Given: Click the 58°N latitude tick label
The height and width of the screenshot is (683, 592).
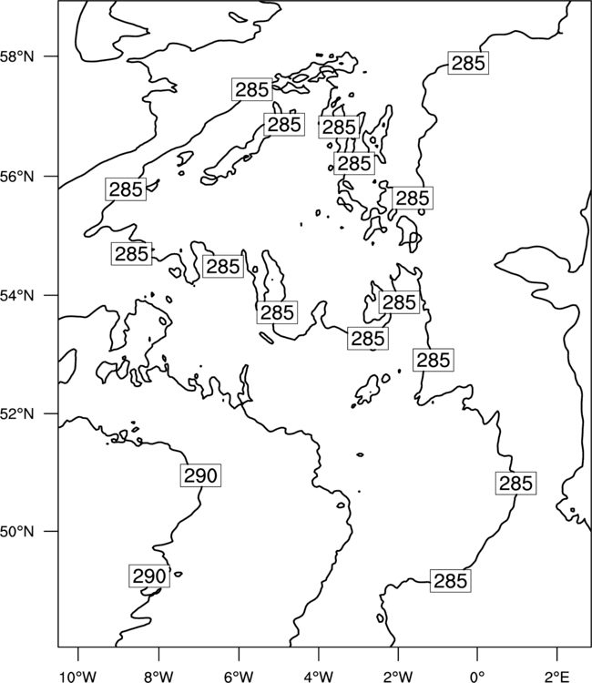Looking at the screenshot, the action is point(17,56).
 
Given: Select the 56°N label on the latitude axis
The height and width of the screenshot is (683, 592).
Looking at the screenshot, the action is point(17,177).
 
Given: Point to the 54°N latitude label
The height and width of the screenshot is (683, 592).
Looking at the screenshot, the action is point(17,295).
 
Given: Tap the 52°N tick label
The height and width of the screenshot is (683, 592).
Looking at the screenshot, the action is point(17,413).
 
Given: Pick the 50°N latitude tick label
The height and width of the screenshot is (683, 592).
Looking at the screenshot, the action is point(17,532).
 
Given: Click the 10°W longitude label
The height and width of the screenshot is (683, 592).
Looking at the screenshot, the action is point(77,677).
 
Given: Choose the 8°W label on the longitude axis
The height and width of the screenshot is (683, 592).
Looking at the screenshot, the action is point(158,677).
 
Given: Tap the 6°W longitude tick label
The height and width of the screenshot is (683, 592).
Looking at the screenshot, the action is point(239,677).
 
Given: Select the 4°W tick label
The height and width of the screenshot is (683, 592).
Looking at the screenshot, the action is point(318,677).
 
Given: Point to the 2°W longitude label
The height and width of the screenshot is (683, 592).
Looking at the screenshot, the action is point(398,677).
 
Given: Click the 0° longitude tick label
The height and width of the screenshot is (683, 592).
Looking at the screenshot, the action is point(477,677).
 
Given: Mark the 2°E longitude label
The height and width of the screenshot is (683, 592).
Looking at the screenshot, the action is point(557,677).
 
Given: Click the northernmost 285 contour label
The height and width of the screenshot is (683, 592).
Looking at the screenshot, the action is point(468,63).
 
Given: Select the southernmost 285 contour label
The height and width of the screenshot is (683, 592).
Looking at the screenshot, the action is point(451,581).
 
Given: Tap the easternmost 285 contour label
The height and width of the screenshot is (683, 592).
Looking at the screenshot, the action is point(515,484).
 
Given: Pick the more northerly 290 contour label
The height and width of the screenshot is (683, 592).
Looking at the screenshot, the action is point(200,475).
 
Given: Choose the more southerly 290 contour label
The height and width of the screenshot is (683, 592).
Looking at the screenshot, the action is point(149,576).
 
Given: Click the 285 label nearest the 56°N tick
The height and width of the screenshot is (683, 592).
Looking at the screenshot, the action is point(126,189).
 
